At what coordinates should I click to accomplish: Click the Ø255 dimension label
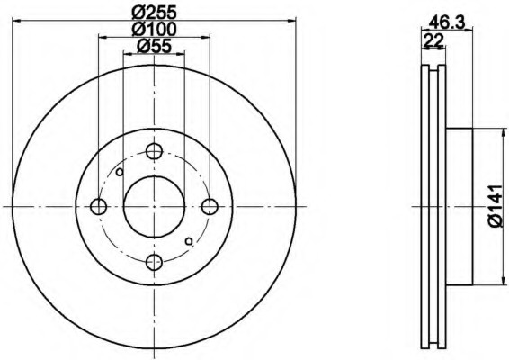pos(154,13)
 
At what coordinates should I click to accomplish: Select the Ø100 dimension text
pos(154,29)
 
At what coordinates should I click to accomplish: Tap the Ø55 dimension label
pos(154,46)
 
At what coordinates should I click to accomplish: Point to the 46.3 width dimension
pos(447,22)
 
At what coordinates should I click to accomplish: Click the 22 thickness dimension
pos(433,40)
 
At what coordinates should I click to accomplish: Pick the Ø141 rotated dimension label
pos(497,206)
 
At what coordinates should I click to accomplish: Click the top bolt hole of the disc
pos(154,151)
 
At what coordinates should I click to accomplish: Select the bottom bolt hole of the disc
pos(154,262)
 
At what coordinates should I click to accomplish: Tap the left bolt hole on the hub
pos(98,206)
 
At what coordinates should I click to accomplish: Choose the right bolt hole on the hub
pos(210,206)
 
